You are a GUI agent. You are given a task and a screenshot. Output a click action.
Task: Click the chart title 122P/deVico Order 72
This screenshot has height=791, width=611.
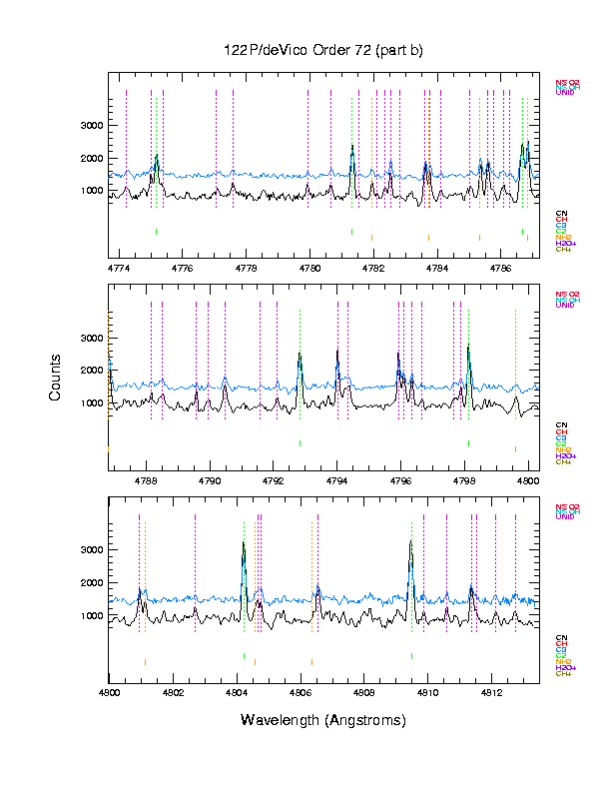[x=323, y=51]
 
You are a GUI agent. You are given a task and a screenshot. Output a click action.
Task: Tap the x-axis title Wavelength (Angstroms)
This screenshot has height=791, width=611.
[x=323, y=720]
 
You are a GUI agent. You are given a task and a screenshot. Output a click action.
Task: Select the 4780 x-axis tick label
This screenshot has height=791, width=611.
[x=309, y=269]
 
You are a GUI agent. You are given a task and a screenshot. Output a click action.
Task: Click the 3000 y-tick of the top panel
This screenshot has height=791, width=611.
[x=91, y=126]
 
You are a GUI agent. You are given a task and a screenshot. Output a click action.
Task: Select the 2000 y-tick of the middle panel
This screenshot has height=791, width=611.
[x=91, y=371]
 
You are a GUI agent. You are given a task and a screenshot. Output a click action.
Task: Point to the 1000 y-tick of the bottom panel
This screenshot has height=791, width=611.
[x=91, y=616]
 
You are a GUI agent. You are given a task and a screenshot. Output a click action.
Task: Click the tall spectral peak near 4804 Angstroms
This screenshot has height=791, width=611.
[x=244, y=543]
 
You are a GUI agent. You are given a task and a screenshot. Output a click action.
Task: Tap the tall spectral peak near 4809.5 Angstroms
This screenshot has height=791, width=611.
[x=411, y=542]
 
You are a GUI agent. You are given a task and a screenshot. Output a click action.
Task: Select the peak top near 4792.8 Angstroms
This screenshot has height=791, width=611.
[x=300, y=355]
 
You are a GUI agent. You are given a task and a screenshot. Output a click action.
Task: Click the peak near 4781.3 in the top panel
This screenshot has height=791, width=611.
[x=352, y=148]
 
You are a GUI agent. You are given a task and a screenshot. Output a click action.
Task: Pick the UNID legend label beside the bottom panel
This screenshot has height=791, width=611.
[x=565, y=517]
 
